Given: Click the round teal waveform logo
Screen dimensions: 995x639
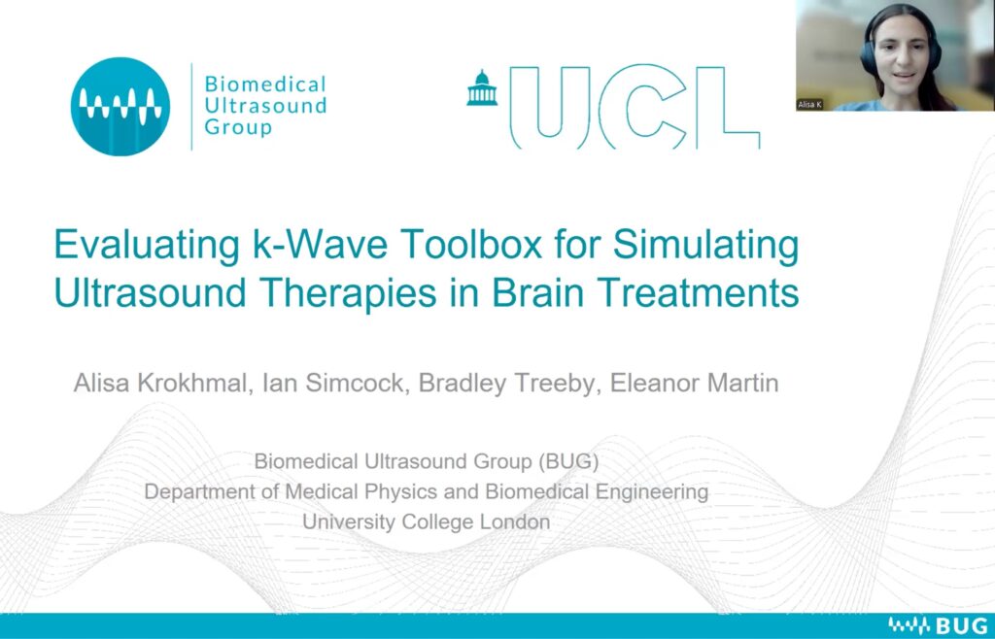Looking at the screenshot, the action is pyautogui.click(x=120, y=107).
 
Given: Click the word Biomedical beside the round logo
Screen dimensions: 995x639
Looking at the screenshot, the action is pyautogui.click(x=265, y=84).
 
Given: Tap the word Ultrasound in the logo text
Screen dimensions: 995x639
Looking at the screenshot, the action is pyautogui.click(x=265, y=105).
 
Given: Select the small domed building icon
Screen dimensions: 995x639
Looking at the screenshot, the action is pyautogui.click(x=482, y=87).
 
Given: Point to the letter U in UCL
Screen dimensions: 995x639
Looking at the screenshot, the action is pyautogui.click(x=550, y=105).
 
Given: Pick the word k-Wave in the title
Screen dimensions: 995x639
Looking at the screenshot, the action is pyautogui.click(x=321, y=244).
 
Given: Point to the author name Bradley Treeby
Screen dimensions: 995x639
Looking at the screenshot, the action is pyautogui.click(x=507, y=384).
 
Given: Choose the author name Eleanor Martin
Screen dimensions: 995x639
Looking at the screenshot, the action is pyautogui.click(x=694, y=383).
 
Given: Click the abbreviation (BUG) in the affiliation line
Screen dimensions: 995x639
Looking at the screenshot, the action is pyautogui.click(x=568, y=461).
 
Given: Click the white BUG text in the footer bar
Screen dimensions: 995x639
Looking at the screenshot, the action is pyautogui.click(x=963, y=625).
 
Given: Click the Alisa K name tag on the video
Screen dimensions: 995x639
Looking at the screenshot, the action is pyautogui.click(x=809, y=105).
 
